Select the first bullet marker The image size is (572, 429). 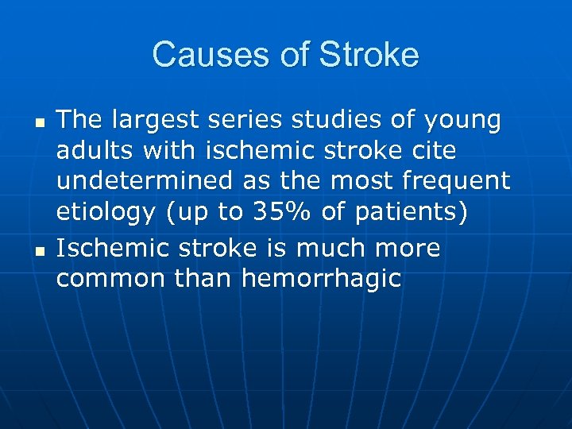[39, 124]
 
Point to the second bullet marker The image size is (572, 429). [39, 252]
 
